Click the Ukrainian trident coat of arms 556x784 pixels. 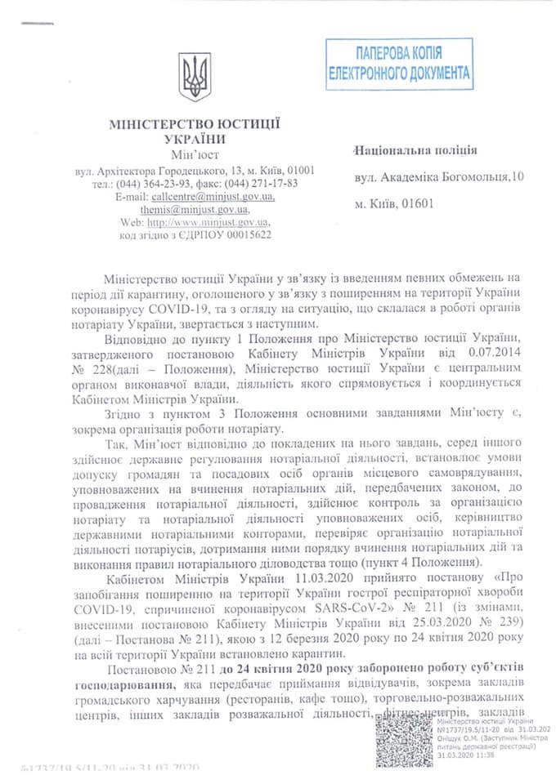coord(195,78)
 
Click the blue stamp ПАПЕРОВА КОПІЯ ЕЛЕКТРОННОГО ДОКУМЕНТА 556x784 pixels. coord(399,64)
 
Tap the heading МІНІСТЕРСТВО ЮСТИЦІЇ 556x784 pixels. coord(195,124)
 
